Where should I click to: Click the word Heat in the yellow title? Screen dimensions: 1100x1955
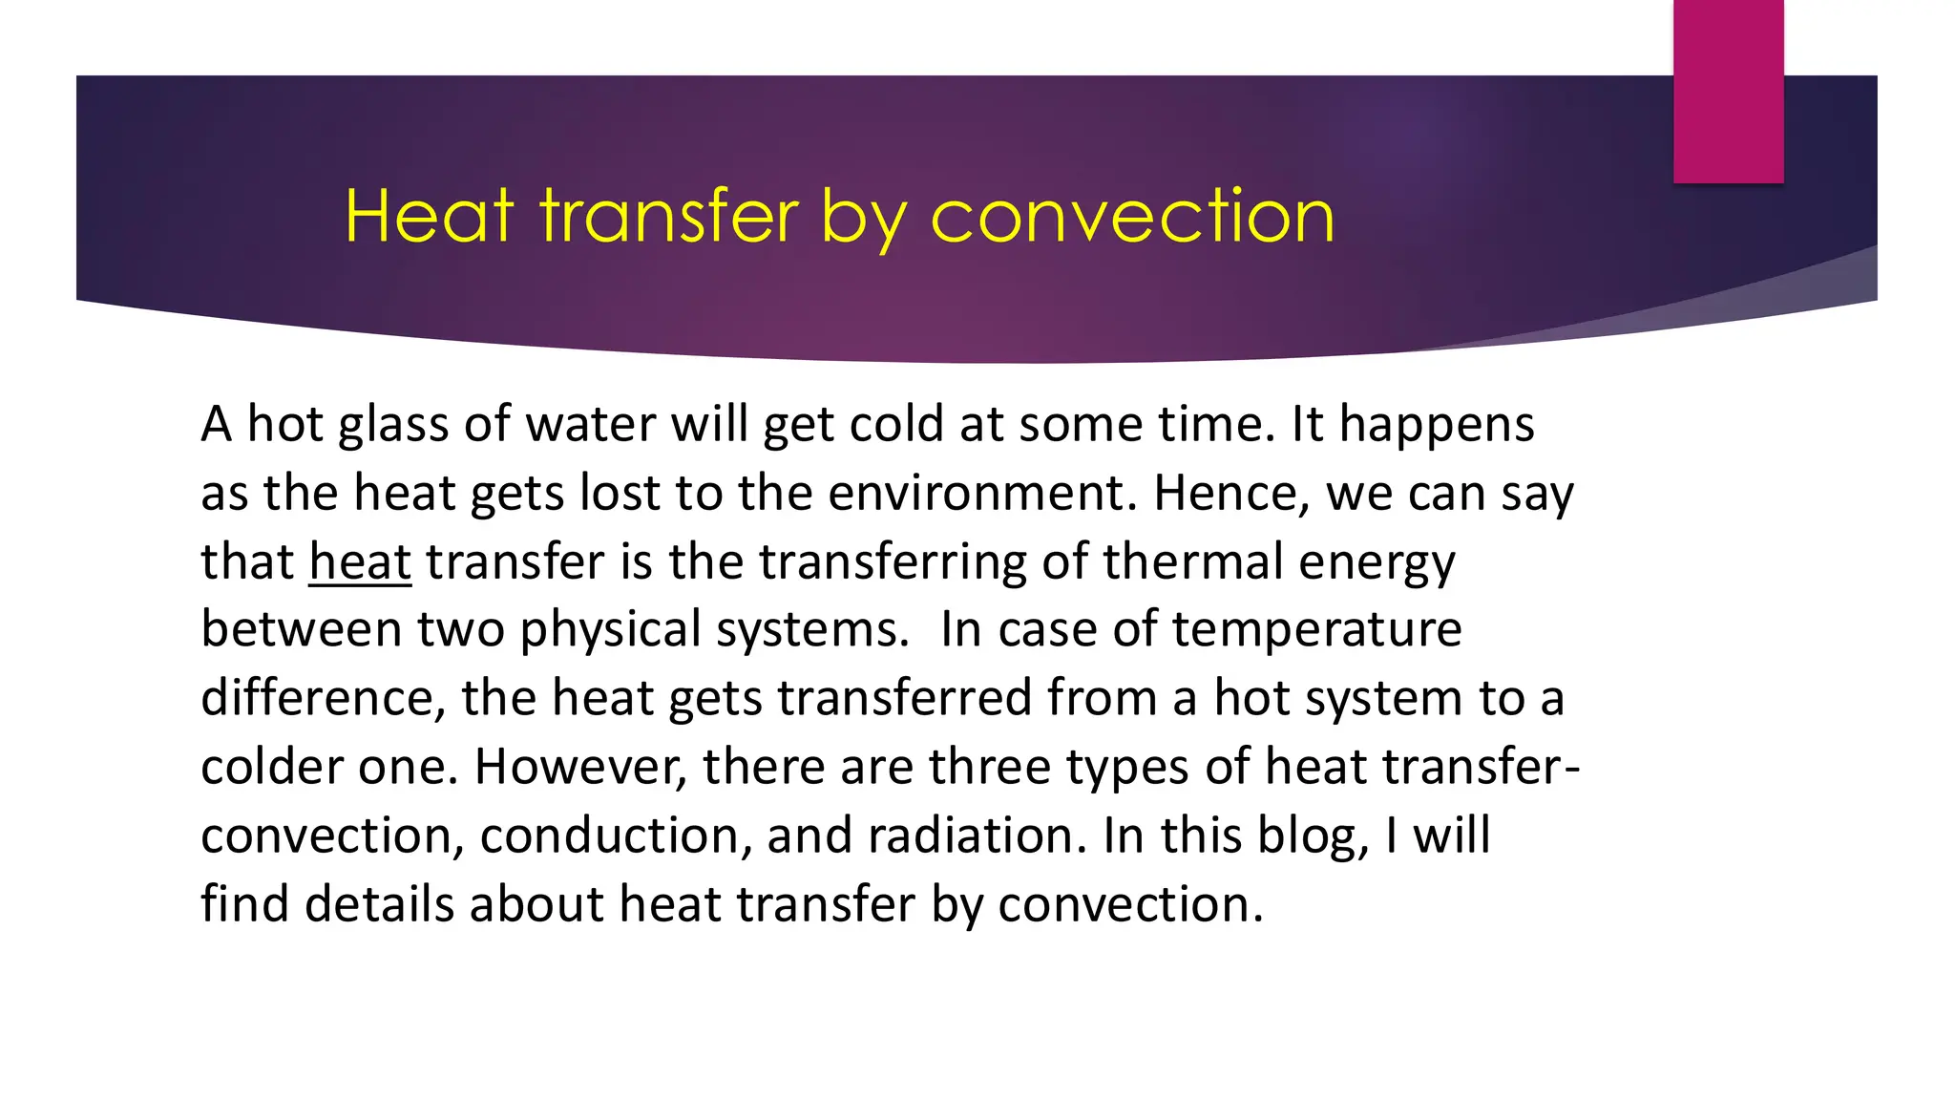(x=429, y=216)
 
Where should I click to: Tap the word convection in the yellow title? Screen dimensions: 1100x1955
(x=1132, y=216)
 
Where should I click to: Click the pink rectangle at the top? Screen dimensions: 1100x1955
(x=1728, y=91)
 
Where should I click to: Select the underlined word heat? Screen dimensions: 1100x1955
(x=360, y=561)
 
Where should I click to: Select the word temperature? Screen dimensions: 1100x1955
(x=1316, y=630)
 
